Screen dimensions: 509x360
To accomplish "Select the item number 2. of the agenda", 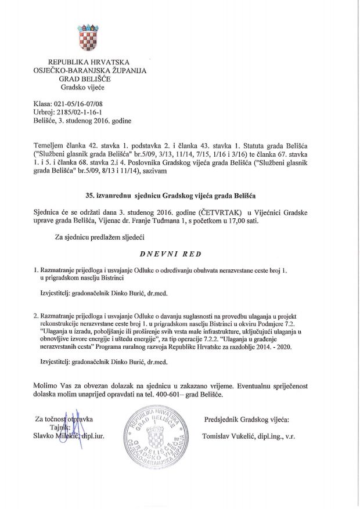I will (36, 313).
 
